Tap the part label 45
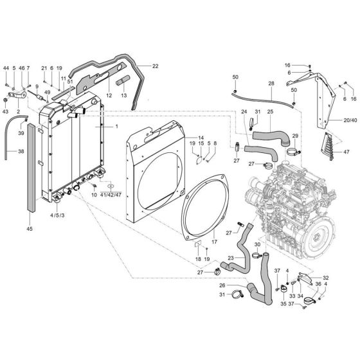coord(30,228)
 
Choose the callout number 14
coord(201,138)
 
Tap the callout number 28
coord(271,84)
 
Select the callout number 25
coord(271,112)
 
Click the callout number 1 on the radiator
coord(117,127)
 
